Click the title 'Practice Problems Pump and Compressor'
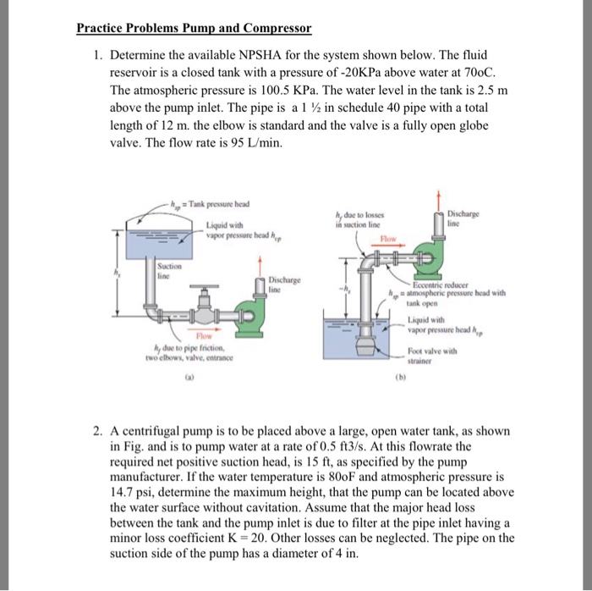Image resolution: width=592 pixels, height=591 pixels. (194, 28)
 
